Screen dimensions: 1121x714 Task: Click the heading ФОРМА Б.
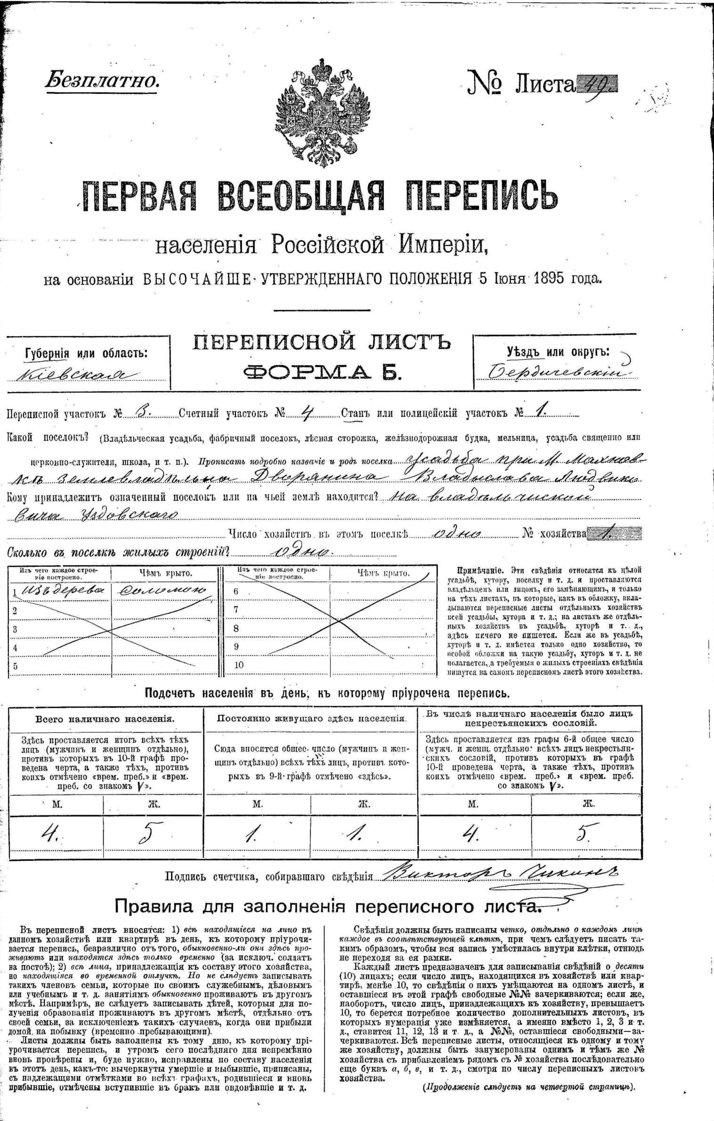322,372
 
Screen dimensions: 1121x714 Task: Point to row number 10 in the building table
239,665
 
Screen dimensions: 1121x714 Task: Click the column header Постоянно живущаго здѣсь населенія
311,719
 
